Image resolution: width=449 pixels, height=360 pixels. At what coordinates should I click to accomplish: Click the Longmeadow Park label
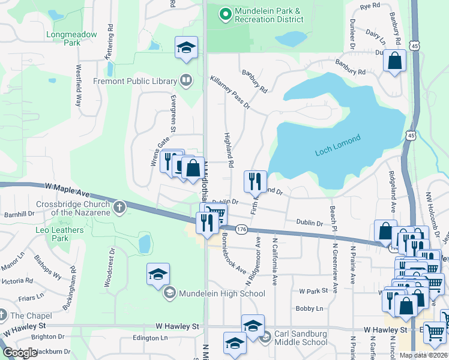[71, 38]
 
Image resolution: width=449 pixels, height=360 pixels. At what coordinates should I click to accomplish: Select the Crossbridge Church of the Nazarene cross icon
[119, 208]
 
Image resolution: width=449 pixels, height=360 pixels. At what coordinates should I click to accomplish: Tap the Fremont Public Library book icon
[186, 80]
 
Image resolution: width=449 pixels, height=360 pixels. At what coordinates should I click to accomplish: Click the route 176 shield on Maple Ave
[241, 229]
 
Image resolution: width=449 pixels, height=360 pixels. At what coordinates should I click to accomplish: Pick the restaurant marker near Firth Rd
[255, 180]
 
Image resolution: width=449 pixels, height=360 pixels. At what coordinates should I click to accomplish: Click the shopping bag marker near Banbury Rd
[394, 61]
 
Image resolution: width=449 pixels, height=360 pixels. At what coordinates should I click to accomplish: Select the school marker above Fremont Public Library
[186, 47]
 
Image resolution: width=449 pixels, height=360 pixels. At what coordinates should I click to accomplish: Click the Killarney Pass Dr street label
[229, 93]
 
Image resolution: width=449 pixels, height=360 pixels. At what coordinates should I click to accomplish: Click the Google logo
[20, 353]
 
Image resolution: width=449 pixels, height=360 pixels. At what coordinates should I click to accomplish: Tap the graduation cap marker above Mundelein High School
[158, 274]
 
